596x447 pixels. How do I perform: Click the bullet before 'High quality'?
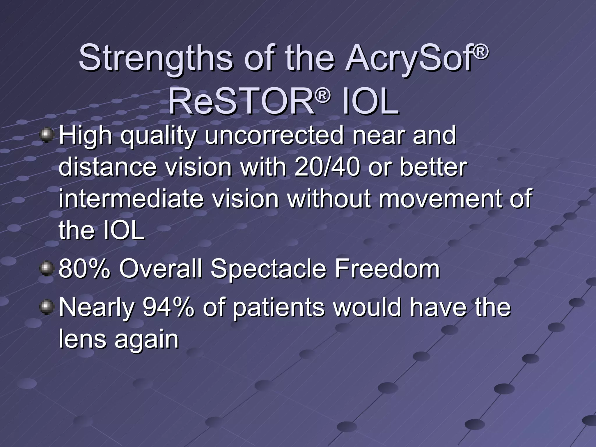(46, 136)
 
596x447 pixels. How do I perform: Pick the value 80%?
(84, 269)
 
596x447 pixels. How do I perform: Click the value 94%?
(168, 307)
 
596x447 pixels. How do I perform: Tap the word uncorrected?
(274, 136)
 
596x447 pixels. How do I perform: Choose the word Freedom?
(387, 269)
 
